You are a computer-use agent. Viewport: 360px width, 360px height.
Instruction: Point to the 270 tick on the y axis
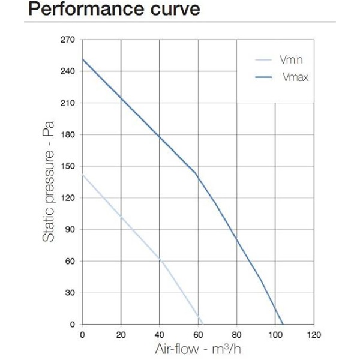68,40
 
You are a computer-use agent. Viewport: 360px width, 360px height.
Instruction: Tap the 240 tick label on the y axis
68,71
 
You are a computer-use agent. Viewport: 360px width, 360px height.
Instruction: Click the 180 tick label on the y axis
68,135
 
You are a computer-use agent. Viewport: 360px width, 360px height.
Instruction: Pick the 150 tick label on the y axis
68,166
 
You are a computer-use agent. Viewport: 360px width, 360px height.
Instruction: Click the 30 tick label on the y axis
70,293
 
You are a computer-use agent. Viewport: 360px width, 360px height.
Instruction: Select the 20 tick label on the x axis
121,335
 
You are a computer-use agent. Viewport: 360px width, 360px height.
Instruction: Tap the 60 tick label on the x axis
198,335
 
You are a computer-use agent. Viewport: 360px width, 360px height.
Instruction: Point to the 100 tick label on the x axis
275,335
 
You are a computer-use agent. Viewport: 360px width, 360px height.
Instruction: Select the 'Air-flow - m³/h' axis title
198,349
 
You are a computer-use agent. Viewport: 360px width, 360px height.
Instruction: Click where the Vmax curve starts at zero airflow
83,59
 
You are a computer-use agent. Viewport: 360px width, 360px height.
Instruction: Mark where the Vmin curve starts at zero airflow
83,175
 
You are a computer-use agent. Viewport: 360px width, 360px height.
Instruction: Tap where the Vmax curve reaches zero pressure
283,325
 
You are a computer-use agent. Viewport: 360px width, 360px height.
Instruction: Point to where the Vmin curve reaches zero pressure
203,325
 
